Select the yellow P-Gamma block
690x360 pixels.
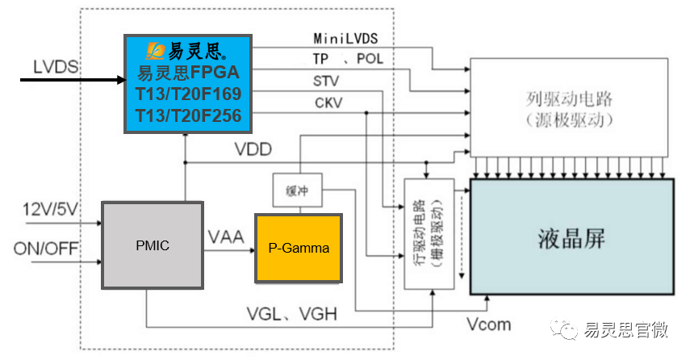pyautogui.click(x=299, y=248)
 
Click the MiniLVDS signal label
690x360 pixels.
pyautogui.click(x=345, y=39)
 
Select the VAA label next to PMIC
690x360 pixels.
pyautogui.click(x=226, y=238)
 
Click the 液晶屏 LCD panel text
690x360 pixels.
pyautogui.click(x=571, y=239)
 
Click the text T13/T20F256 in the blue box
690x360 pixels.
pyautogui.click(x=188, y=116)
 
